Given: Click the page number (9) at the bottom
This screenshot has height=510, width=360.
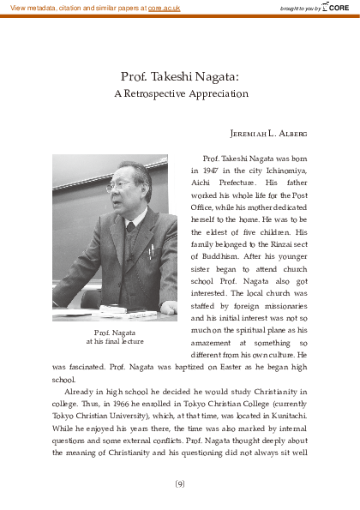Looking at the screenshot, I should (179, 483).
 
